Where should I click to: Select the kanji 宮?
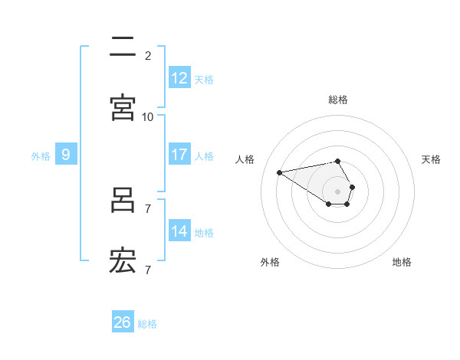[123, 108]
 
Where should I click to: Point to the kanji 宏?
[123, 261]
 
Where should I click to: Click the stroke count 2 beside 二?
[148, 55]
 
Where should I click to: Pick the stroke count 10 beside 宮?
[148, 116]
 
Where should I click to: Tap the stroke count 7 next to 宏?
[148, 270]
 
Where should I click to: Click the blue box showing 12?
[179, 78]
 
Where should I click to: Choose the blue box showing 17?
[179, 155]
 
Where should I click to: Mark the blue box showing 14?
[179, 231]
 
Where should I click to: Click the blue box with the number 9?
[66, 155]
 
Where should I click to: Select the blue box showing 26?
[123, 323]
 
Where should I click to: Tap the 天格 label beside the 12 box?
[204, 80]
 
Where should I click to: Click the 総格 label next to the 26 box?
[147, 325]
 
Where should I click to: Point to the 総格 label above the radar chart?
[338, 100]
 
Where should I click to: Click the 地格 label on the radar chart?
[402, 263]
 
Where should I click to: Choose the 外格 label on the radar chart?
[270, 263]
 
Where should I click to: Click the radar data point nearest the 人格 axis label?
[280, 172]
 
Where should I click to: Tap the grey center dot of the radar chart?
[337, 191]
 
